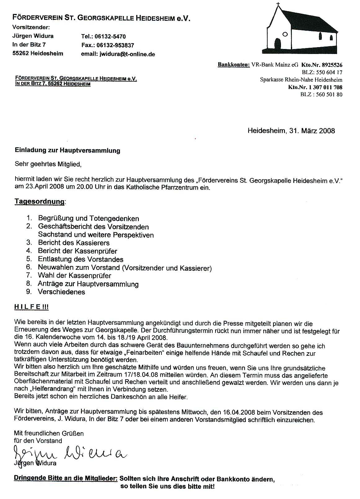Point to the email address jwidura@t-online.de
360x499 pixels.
[x=127, y=54]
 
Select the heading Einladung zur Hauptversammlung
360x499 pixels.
[x=67, y=151]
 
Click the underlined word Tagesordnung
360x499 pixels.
[x=40, y=202]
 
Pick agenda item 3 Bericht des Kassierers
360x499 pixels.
[x=73, y=243]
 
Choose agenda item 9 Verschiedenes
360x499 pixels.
[x=61, y=292]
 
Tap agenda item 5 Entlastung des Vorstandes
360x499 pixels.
[x=81, y=259]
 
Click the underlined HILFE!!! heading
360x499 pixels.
[x=31, y=307]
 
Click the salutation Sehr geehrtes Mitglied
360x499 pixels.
[x=48, y=164]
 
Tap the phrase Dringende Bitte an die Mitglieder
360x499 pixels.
[x=66, y=479]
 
